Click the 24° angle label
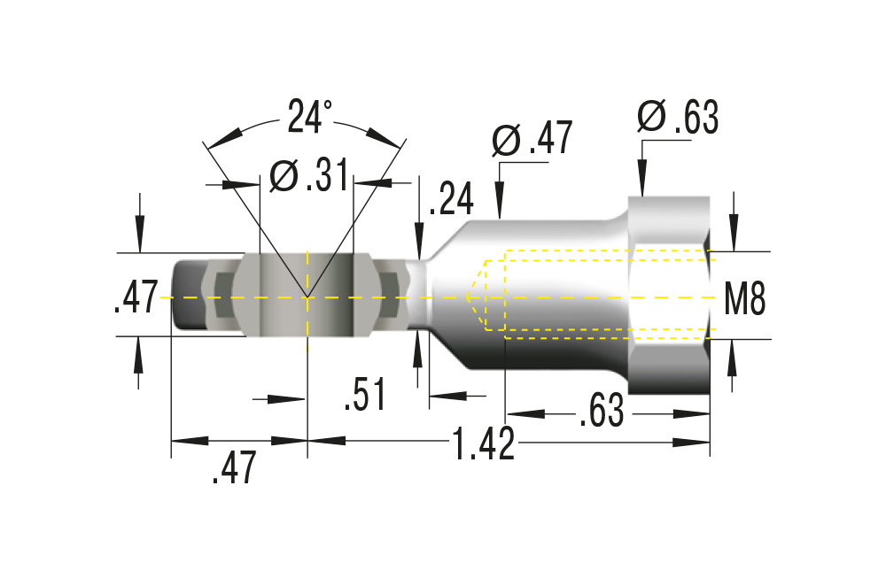(308, 117)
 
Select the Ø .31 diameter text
(307, 178)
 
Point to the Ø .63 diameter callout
(678, 119)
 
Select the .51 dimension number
(365, 396)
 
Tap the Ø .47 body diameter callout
(532, 140)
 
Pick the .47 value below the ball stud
(235, 467)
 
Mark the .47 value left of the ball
(136, 297)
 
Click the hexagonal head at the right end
(669, 297)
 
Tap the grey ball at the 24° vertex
(307, 295)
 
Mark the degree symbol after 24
(328, 105)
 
